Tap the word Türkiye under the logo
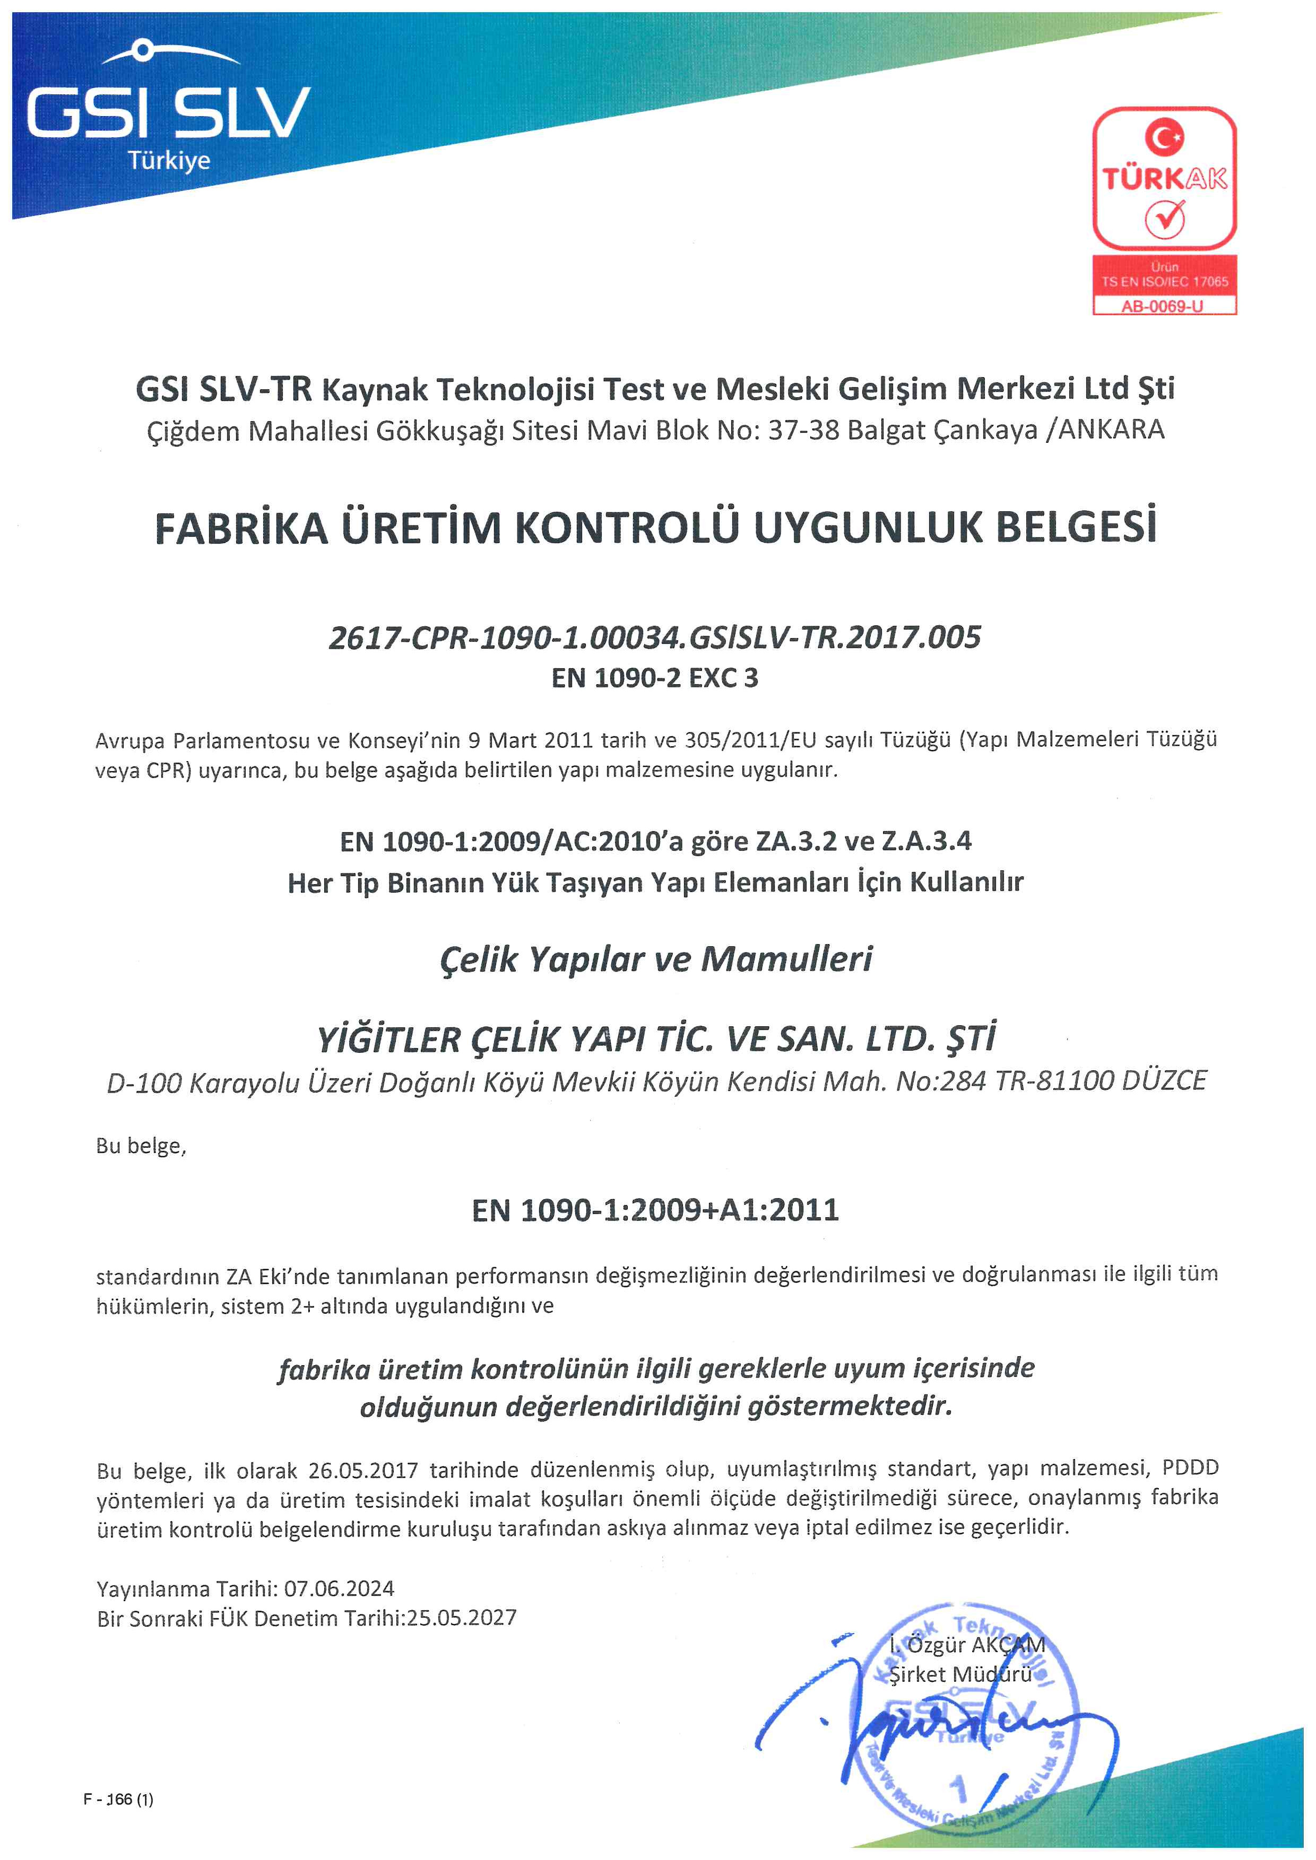click(169, 160)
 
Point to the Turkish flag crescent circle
click(1164, 137)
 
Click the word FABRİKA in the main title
click(241, 528)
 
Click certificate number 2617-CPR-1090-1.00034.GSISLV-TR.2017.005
click(655, 638)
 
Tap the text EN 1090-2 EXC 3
click(655, 677)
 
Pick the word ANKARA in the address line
click(1111, 430)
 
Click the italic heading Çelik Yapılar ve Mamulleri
click(655, 959)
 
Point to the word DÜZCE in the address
click(1164, 1081)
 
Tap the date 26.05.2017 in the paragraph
click(363, 1470)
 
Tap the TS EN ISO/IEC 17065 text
click(1164, 282)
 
